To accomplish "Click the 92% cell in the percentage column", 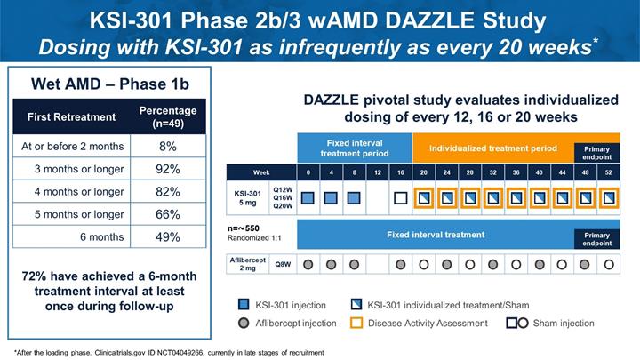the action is [168, 169].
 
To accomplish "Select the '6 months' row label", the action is [101, 236].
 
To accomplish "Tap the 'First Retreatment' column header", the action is [71, 117].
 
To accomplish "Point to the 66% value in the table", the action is [168, 214].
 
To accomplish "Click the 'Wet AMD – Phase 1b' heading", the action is [110, 84].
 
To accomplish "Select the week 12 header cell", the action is [378, 172].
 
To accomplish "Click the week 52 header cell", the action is [608, 172].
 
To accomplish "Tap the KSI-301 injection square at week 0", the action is [308, 198].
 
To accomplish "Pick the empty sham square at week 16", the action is [400, 198].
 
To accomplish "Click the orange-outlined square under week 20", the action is [424, 198].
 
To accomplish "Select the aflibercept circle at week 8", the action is [355, 265].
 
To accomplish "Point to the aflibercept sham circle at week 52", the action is [609, 265].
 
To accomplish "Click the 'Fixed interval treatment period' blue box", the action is [355, 148].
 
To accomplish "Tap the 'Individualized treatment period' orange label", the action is [493, 148].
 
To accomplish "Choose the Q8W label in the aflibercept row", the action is [283, 264].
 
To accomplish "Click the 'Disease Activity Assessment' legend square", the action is [356, 323].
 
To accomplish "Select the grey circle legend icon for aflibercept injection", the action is [244, 324].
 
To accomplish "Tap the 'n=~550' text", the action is [244, 228].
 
